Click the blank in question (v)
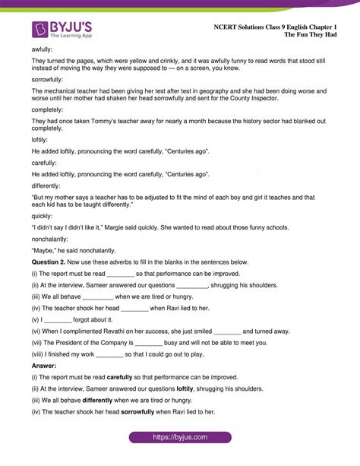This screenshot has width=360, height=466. click(53, 319)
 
